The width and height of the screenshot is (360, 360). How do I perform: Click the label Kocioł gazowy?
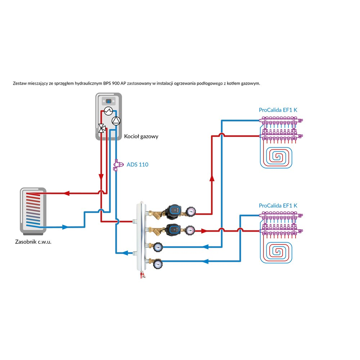141,136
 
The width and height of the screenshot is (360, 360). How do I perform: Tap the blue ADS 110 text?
138,165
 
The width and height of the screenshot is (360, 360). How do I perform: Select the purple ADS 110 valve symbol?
117,165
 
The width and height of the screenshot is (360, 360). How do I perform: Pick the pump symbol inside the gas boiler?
115,121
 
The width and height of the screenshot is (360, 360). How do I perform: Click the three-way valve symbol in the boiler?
102,127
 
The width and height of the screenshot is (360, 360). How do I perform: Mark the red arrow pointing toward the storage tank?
66,193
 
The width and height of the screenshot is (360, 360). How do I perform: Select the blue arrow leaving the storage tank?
65,227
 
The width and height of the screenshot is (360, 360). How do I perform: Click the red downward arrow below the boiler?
101,177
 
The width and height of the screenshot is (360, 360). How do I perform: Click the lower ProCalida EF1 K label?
278,206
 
